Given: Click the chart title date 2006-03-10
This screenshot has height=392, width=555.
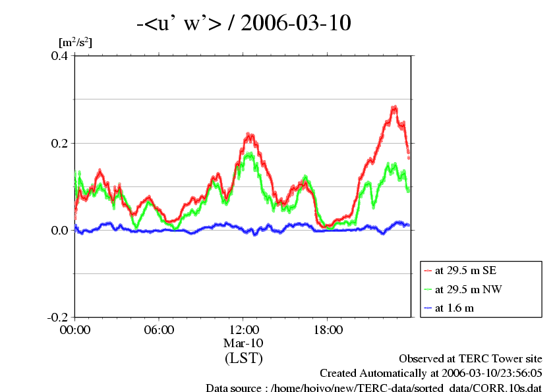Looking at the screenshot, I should [x=296, y=24].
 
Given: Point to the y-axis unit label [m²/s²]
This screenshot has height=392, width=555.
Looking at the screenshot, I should [x=75, y=42].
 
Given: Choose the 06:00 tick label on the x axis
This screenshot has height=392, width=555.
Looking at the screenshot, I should [x=159, y=330].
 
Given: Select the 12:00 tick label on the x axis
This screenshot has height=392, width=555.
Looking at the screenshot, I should [x=243, y=330].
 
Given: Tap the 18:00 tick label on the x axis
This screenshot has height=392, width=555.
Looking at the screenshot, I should [x=328, y=330].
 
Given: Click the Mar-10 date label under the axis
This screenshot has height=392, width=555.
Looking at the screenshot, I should [x=243, y=343].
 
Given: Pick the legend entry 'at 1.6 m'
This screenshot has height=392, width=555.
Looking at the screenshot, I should [x=455, y=307].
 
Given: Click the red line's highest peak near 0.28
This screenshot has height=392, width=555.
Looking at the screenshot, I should [x=394, y=107].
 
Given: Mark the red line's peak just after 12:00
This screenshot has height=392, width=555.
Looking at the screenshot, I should [x=249, y=136].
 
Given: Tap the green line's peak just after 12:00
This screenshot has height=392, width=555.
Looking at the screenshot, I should [x=249, y=155].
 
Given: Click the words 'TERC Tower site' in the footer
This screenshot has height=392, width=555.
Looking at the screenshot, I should [x=506, y=359].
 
